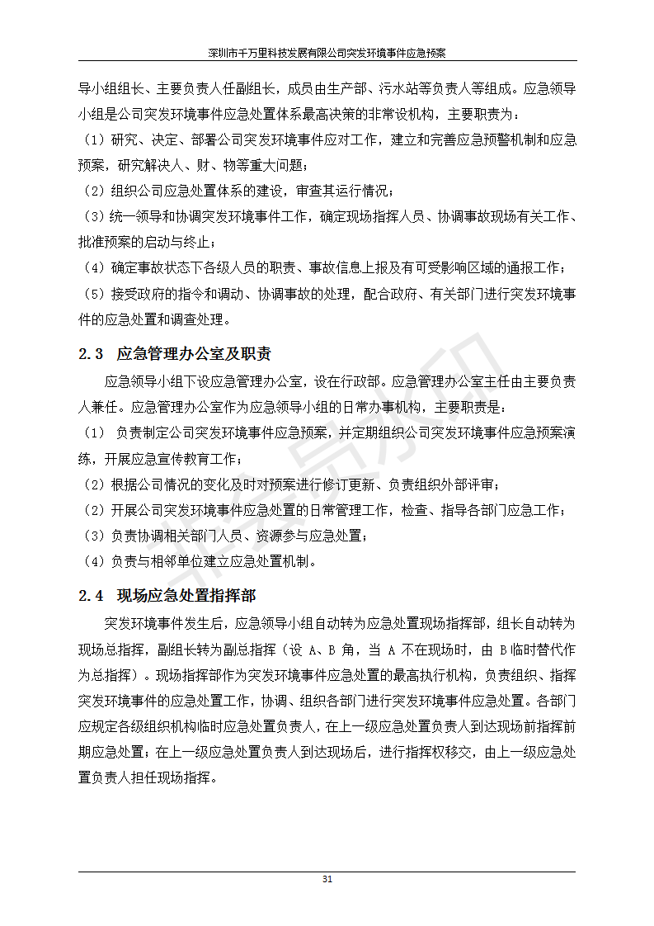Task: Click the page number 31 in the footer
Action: (x=327, y=880)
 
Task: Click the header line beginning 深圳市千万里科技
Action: (x=327, y=52)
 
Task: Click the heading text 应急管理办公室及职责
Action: (x=194, y=354)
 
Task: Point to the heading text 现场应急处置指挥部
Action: (x=186, y=596)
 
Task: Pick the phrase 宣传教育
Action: (x=186, y=459)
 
